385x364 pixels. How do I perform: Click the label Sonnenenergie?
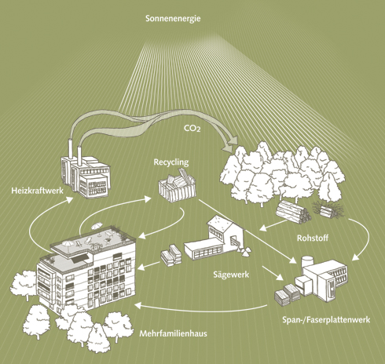(x=173, y=19)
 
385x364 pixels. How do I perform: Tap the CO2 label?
(x=192, y=128)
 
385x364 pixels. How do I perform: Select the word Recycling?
(x=171, y=162)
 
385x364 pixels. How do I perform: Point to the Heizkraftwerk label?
(x=37, y=191)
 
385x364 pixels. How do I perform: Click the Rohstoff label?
(x=313, y=238)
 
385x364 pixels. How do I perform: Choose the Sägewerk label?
(x=231, y=275)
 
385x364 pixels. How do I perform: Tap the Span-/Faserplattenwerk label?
(x=326, y=319)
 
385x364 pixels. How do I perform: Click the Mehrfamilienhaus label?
(x=173, y=333)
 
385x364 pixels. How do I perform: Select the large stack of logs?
(x=293, y=212)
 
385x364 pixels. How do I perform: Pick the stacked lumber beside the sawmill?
(x=171, y=255)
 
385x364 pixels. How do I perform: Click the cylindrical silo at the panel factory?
(x=307, y=263)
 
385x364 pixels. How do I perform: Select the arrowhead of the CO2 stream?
(x=230, y=144)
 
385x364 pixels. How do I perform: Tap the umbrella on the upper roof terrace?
(x=97, y=225)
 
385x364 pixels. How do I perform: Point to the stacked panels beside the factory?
(x=286, y=294)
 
